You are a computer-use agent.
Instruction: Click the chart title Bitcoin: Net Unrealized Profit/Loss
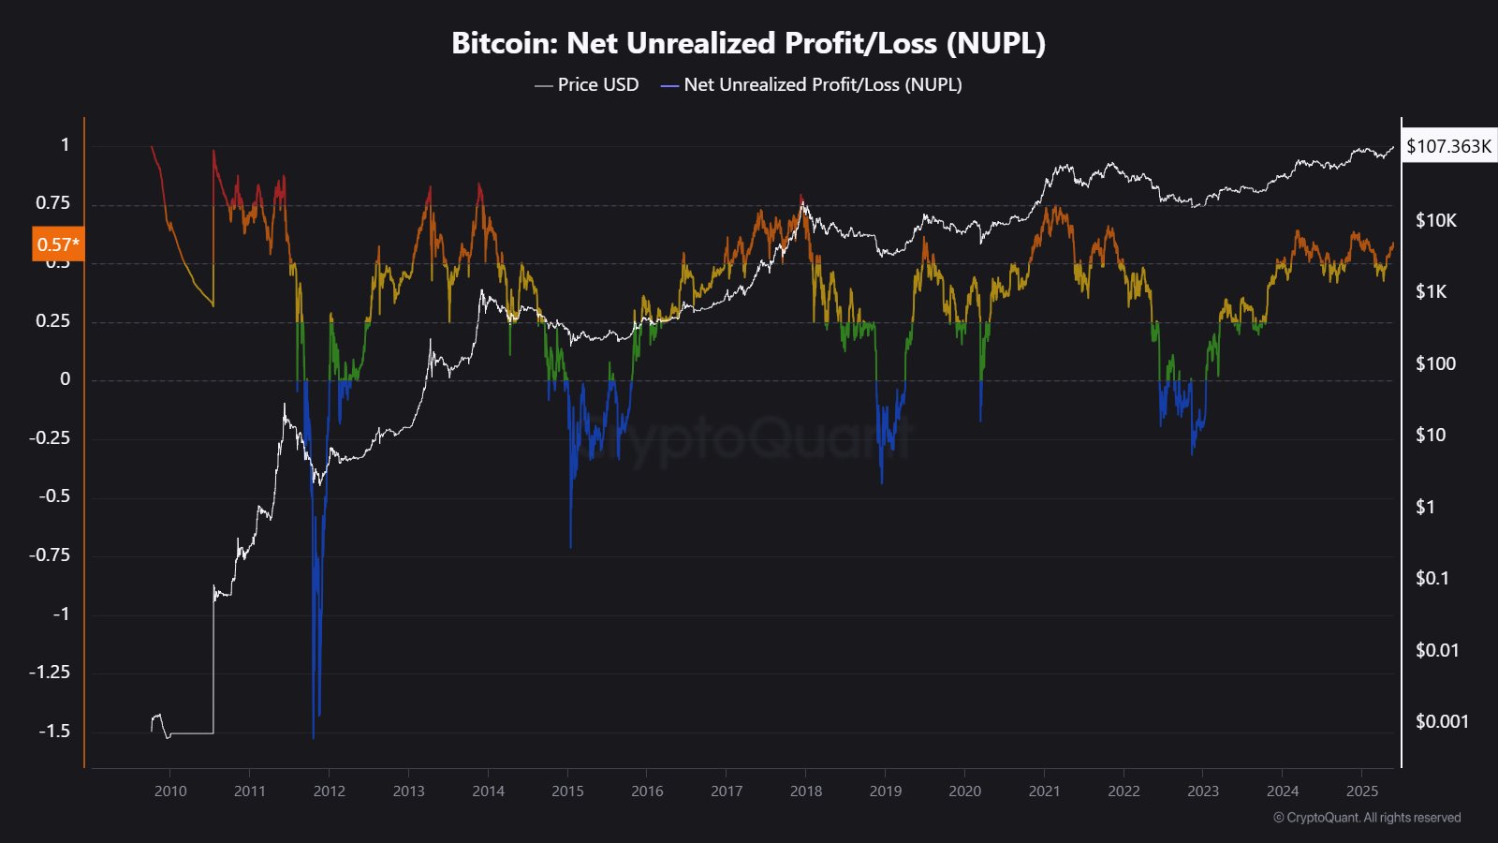pos(748,43)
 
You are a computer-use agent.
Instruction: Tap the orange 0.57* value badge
pos(58,244)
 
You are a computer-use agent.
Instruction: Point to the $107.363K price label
pos(1448,146)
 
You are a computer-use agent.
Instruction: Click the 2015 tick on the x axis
pos(567,791)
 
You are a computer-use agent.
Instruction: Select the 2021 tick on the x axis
pos(1044,791)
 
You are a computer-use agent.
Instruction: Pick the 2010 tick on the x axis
pos(170,791)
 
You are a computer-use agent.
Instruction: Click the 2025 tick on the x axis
pos(1362,791)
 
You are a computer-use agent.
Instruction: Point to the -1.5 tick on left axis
pos(53,731)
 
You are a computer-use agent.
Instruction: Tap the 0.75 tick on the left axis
pos(52,203)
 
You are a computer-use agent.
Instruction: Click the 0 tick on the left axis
pos(65,379)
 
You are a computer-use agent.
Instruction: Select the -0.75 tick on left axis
pos(49,555)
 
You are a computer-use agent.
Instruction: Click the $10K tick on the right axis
pos(1435,220)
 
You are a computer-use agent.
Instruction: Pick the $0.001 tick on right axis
pos(1442,721)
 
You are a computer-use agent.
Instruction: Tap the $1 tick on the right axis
pos(1424,507)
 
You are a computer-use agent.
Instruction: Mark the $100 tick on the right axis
pos(1435,363)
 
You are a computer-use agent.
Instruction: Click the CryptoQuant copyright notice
pos(1367,818)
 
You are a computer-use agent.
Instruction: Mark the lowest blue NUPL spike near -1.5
pos(313,736)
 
